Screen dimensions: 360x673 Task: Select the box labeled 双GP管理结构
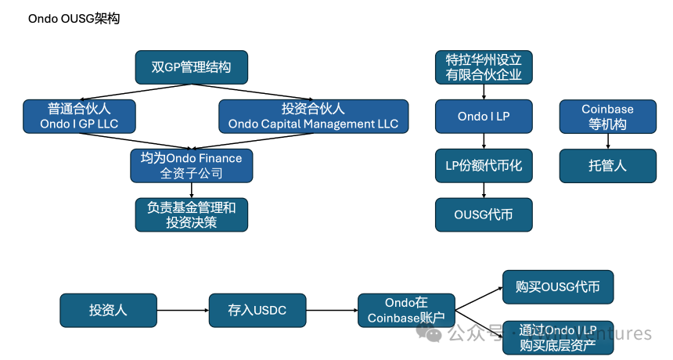[192, 67]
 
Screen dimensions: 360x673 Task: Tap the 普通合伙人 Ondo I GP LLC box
[79, 116]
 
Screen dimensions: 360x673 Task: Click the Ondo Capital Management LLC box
[313, 116]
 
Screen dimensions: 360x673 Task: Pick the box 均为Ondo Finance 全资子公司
[192, 165]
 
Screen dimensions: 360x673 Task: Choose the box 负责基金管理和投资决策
[192, 214]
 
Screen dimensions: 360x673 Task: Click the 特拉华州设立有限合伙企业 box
[484, 67]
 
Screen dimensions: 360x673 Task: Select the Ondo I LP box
[484, 116]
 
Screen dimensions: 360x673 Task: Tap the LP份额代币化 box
[484, 165]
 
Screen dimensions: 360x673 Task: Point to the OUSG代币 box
[484, 214]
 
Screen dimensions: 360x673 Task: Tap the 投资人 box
[108, 310]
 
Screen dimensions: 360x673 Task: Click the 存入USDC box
[257, 310]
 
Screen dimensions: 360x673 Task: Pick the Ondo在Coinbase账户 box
[406, 310]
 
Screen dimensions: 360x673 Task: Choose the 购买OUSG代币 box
[558, 286]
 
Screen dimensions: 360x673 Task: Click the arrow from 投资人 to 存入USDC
[182, 310]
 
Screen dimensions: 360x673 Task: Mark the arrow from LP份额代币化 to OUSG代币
[484, 190]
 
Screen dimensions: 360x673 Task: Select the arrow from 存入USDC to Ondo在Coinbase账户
[332, 310]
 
